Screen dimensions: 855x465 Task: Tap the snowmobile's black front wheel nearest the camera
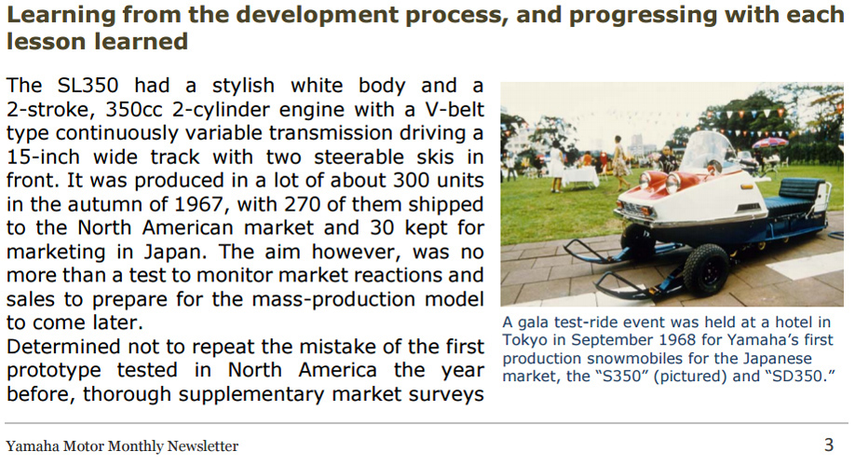(x=706, y=269)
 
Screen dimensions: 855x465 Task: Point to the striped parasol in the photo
(x=769, y=143)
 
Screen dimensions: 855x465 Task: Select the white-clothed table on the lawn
(x=580, y=176)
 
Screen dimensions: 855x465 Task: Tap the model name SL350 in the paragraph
(x=88, y=85)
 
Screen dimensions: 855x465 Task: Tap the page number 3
(x=829, y=444)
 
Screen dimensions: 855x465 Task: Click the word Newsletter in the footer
(x=203, y=446)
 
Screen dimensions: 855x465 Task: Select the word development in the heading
(x=317, y=15)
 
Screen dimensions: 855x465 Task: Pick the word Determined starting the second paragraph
(x=62, y=347)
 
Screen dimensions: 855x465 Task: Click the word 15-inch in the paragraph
(x=43, y=157)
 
